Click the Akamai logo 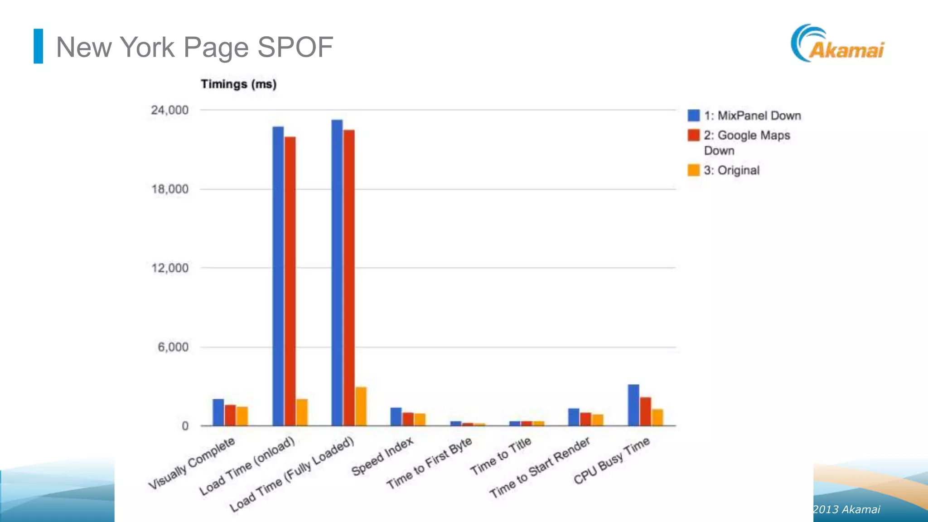pos(837,44)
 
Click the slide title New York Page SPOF pos(194,47)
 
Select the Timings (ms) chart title pos(238,84)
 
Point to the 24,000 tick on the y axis pos(169,110)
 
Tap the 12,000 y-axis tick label pos(169,268)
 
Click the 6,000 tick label pos(173,347)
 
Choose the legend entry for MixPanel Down pos(752,116)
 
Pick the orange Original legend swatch pos(693,170)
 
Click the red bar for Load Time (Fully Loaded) pos(349,277)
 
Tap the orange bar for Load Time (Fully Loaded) pos(361,406)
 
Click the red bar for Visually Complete pos(230,415)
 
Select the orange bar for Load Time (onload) pos(302,412)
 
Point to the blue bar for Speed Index pos(396,416)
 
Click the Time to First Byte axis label pos(429,463)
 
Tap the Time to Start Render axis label pos(539,468)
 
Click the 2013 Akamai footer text pos(846,509)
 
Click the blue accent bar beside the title pos(39,46)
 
